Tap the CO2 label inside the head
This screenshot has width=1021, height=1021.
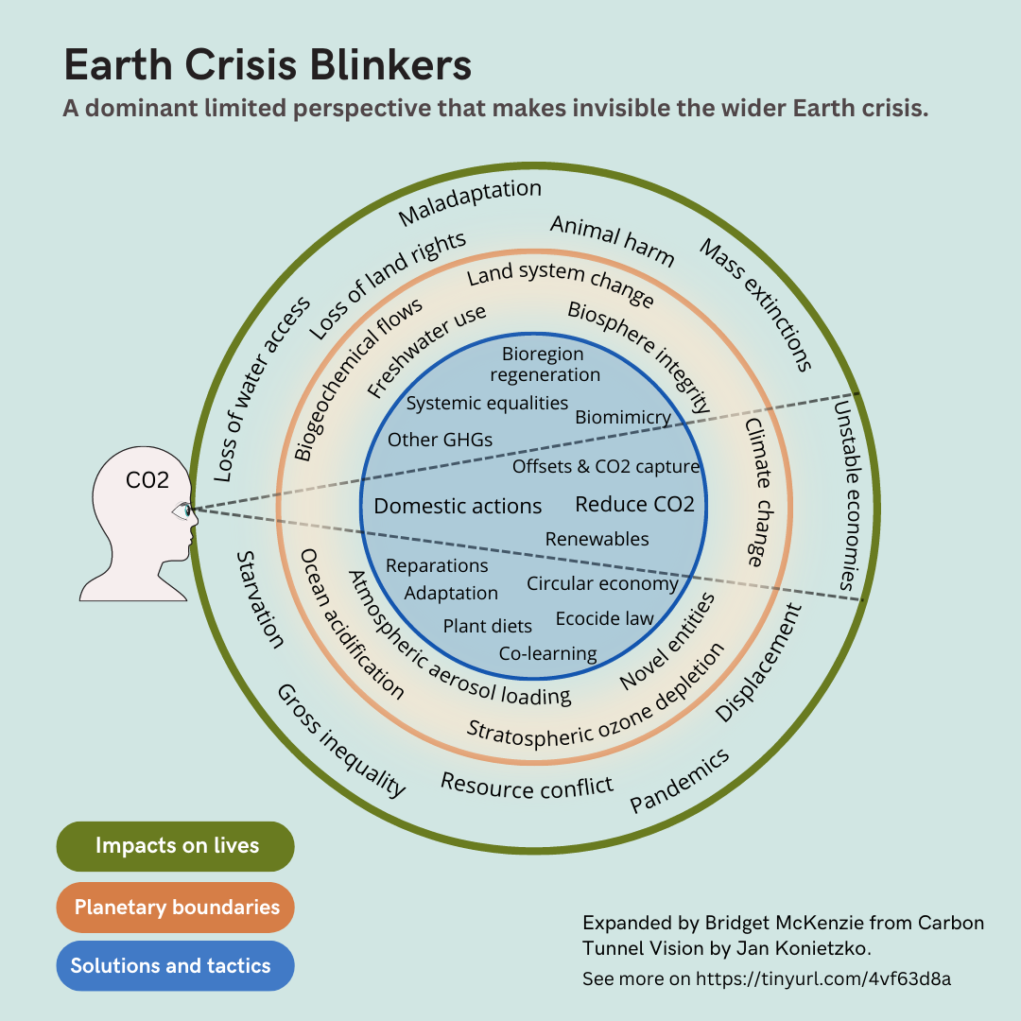tap(147, 480)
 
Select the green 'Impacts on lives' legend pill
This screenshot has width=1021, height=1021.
tap(175, 846)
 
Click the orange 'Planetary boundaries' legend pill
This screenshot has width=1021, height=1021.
tap(175, 907)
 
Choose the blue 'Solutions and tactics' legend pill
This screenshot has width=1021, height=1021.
tap(175, 965)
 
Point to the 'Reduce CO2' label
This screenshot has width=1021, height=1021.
tap(635, 504)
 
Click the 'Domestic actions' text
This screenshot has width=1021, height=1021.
tap(458, 506)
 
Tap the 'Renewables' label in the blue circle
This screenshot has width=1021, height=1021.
tap(597, 539)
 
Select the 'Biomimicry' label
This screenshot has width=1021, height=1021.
tap(623, 418)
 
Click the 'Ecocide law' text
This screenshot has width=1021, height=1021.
tap(604, 618)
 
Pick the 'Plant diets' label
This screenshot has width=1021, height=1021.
tap(487, 626)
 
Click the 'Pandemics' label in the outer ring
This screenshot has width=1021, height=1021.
tap(679, 780)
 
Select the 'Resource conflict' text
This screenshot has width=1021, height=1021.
tap(527, 787)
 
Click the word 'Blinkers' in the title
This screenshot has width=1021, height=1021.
tap(390, 65)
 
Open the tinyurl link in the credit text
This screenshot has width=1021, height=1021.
tap(823, 978)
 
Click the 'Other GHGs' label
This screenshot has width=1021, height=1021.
tap(440, 441)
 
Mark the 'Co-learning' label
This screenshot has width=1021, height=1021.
tap(547, 653)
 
